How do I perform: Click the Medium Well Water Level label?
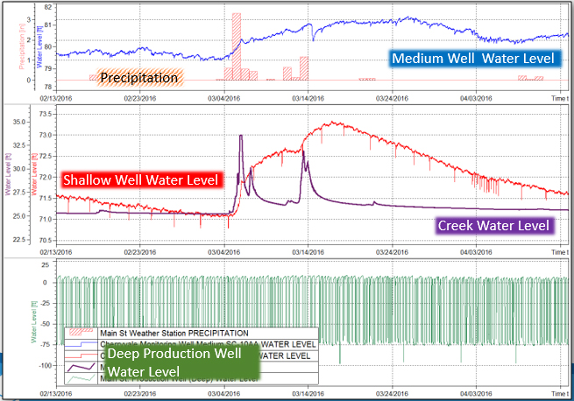click(x=473, y=60)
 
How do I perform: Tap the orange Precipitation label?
click(x=140, y=78)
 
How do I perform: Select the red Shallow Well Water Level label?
click(x=142, y=180)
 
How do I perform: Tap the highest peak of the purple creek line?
click(x=241, y=136)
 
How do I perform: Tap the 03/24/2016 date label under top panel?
click(x=393, y=99)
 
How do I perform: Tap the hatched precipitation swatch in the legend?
click(x=80, y=334)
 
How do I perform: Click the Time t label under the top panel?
click(x=558, y=99)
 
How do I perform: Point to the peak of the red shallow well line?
click(x=332, y=123)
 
